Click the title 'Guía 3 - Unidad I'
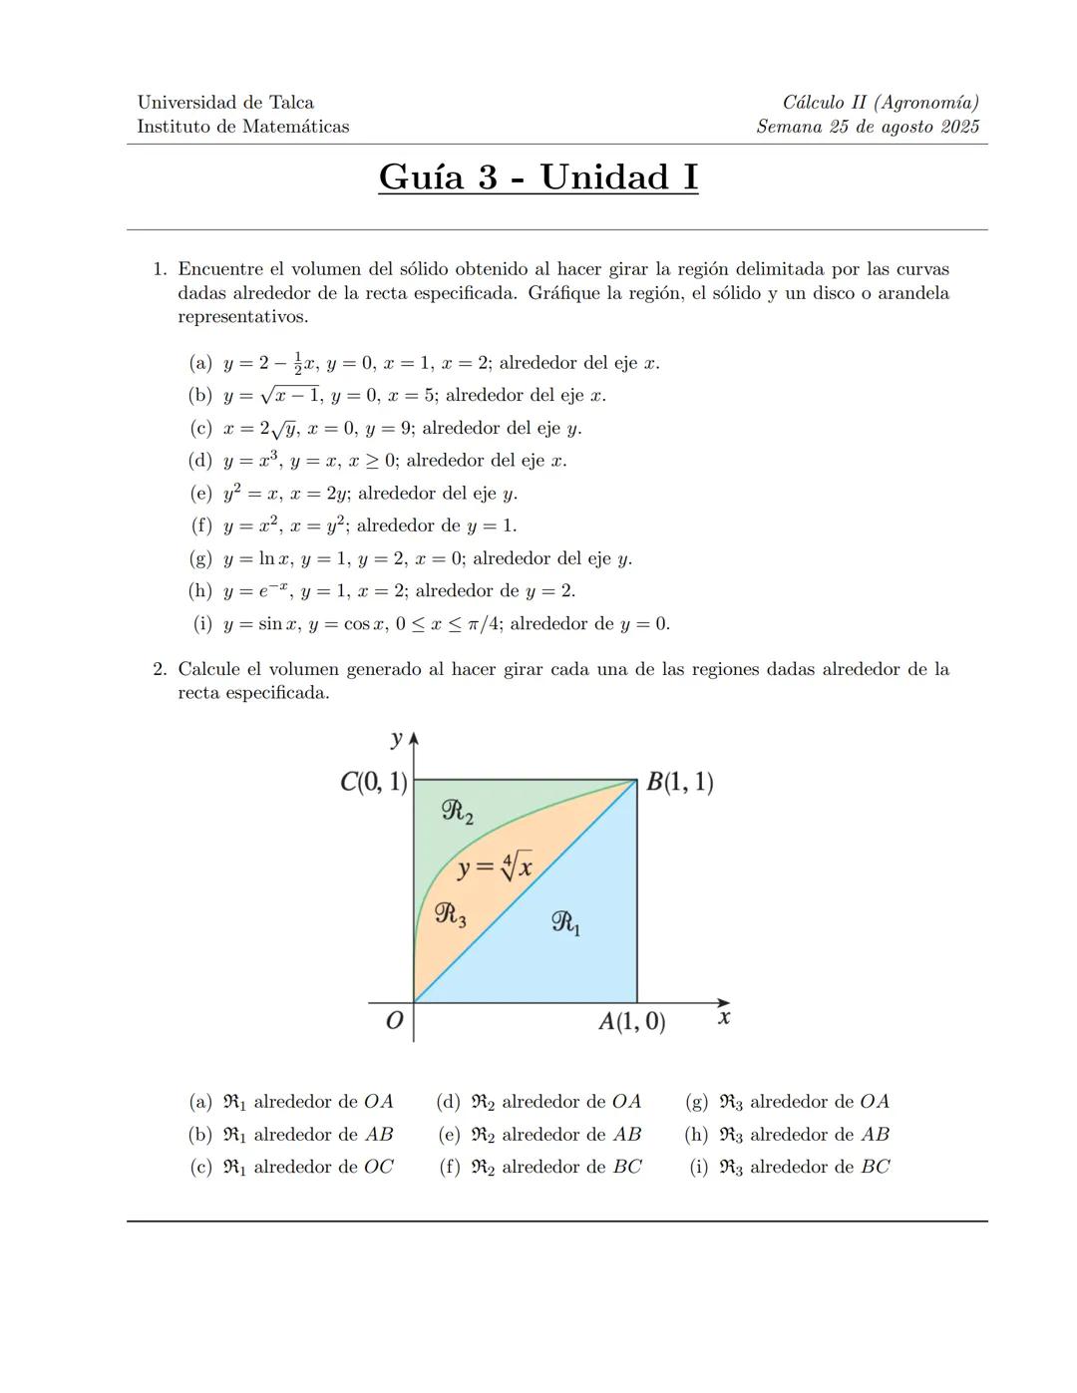point(538,177)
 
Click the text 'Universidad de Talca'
point(225,103)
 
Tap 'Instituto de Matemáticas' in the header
point(242,127)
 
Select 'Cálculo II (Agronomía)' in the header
point(881,103)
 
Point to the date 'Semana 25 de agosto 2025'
point(868,127)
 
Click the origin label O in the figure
point(394,1021)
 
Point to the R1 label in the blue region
point(565,923)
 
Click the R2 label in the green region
point(457,812)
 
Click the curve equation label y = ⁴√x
point(495,867)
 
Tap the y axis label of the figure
point(397,739)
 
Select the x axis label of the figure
point(724,1017)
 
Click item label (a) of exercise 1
point(199,363)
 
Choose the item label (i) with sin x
point(202,624)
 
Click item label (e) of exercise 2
point(449,1135)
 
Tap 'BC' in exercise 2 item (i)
point(875,1167)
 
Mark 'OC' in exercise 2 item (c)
point(378,1167)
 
